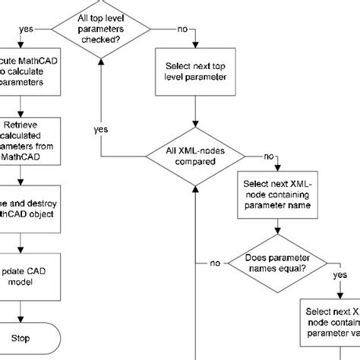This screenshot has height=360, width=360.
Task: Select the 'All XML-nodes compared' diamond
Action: pos(197,156)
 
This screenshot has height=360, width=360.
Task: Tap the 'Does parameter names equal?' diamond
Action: pos(276,263)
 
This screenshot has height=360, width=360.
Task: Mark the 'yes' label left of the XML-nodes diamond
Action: pos(101,130)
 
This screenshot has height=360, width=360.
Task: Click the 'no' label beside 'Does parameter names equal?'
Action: pos(215,263)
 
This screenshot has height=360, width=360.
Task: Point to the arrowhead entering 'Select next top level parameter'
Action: pos(197,47)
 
